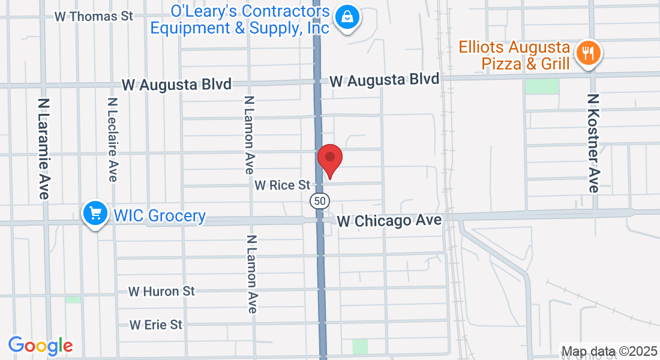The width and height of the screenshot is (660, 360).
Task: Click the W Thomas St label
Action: (94, 16)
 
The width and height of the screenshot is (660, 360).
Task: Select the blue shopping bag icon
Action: (347, 17)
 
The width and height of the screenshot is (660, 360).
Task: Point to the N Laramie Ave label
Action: (44, 149)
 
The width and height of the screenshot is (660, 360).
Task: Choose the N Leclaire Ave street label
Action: (112, 139)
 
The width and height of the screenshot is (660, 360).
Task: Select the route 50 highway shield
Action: (319, 200)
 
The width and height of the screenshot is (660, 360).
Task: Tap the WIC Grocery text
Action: (160, 215)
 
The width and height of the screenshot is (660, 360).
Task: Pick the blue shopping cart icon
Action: (95, 213)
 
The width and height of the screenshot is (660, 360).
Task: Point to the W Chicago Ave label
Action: (389, 221)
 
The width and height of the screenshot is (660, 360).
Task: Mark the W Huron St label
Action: (161, 292)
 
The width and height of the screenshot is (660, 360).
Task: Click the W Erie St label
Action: (155, 325)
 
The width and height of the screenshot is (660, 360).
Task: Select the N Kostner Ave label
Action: (593, 143)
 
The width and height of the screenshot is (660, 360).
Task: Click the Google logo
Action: (40, 346)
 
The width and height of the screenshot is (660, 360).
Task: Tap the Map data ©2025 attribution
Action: (608, 352)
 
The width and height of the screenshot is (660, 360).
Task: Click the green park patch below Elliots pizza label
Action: (542, 86)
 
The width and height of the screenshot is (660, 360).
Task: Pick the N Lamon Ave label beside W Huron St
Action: (251, 274)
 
